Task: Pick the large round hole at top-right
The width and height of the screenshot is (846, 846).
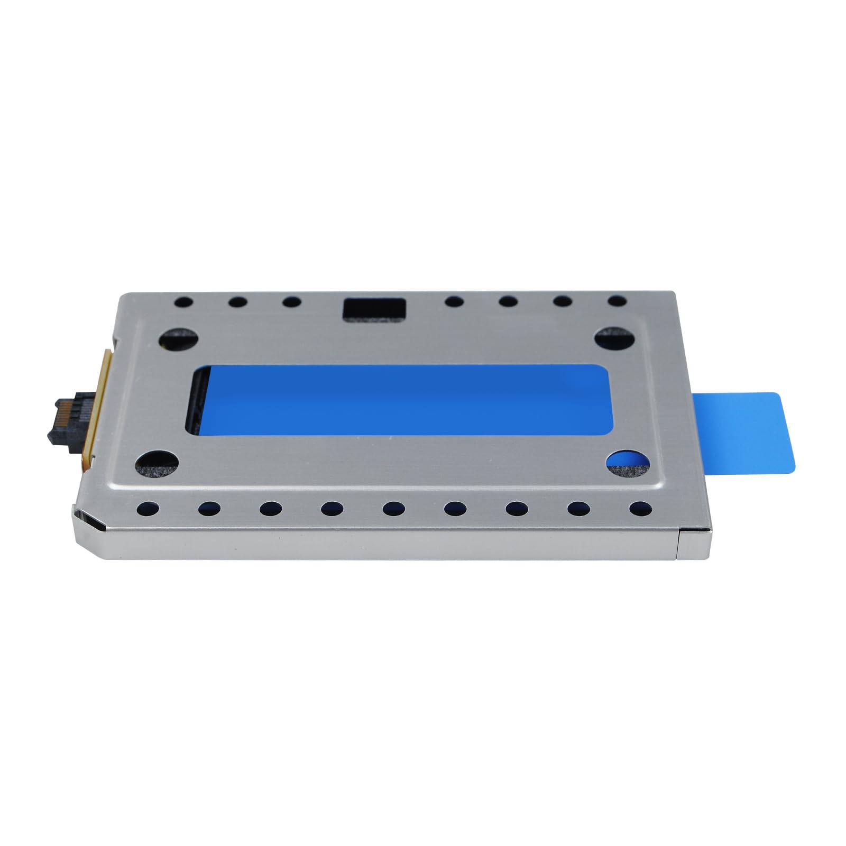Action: (x=615, y=337)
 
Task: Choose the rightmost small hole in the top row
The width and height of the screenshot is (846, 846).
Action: (x=617, y=301)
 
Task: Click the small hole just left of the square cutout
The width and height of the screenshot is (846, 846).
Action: (x=291, y=302)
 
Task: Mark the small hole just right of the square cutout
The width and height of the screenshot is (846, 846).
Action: (x=454, y=302)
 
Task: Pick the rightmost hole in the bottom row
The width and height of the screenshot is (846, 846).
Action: (x=640, y=509)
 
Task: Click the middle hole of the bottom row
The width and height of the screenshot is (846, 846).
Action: (x=393, y=509)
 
